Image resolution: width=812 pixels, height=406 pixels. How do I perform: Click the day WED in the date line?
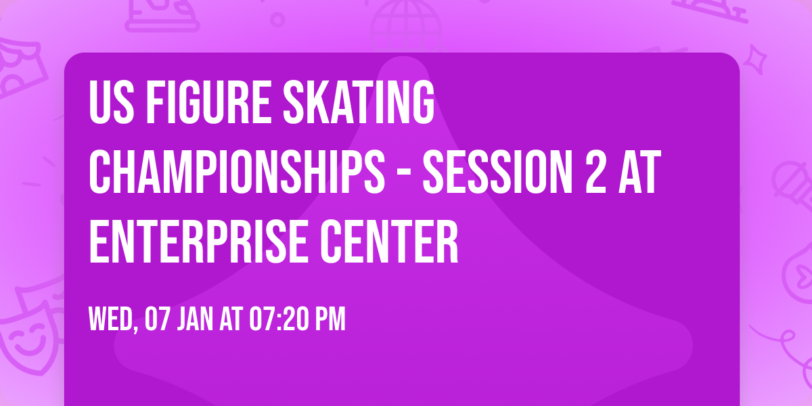[x=111, y=320]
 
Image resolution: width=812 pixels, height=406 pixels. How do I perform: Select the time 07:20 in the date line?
[x=278, y=320]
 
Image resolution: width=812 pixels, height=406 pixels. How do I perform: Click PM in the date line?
[x=331, y=320]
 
